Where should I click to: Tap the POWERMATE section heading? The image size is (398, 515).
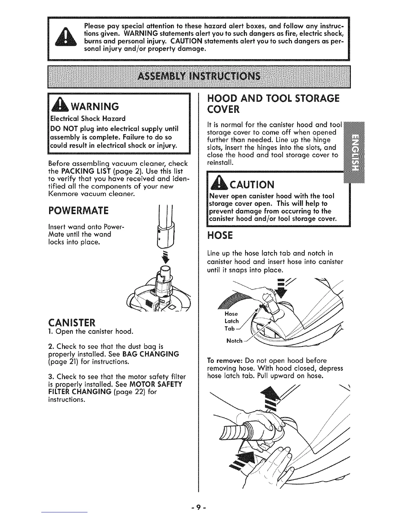(x=78, y=211)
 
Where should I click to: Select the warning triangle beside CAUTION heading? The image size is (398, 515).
(x=215, y=184)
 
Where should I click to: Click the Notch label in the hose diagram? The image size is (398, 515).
(x=234, y=341)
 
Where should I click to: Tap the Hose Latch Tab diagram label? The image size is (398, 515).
(x=231, y=321)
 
